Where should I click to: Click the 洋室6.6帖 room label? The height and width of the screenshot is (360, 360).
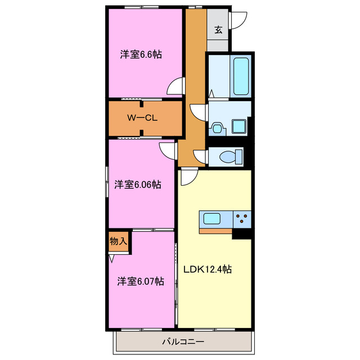click(x=141, y=55)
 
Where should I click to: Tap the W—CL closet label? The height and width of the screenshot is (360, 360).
click(x=141, y=118)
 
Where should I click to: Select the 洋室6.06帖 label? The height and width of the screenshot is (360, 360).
click(x=138, y=184)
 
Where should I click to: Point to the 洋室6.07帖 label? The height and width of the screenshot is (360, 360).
click(x=141, y=281)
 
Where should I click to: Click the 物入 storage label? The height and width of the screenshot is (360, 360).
click(x=118, y=241)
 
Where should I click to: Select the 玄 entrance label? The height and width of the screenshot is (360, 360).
click(x=218, y=30)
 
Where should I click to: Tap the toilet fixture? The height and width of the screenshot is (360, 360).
click(x=231, y=155)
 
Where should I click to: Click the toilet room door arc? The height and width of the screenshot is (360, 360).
click(x=200, y=156)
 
